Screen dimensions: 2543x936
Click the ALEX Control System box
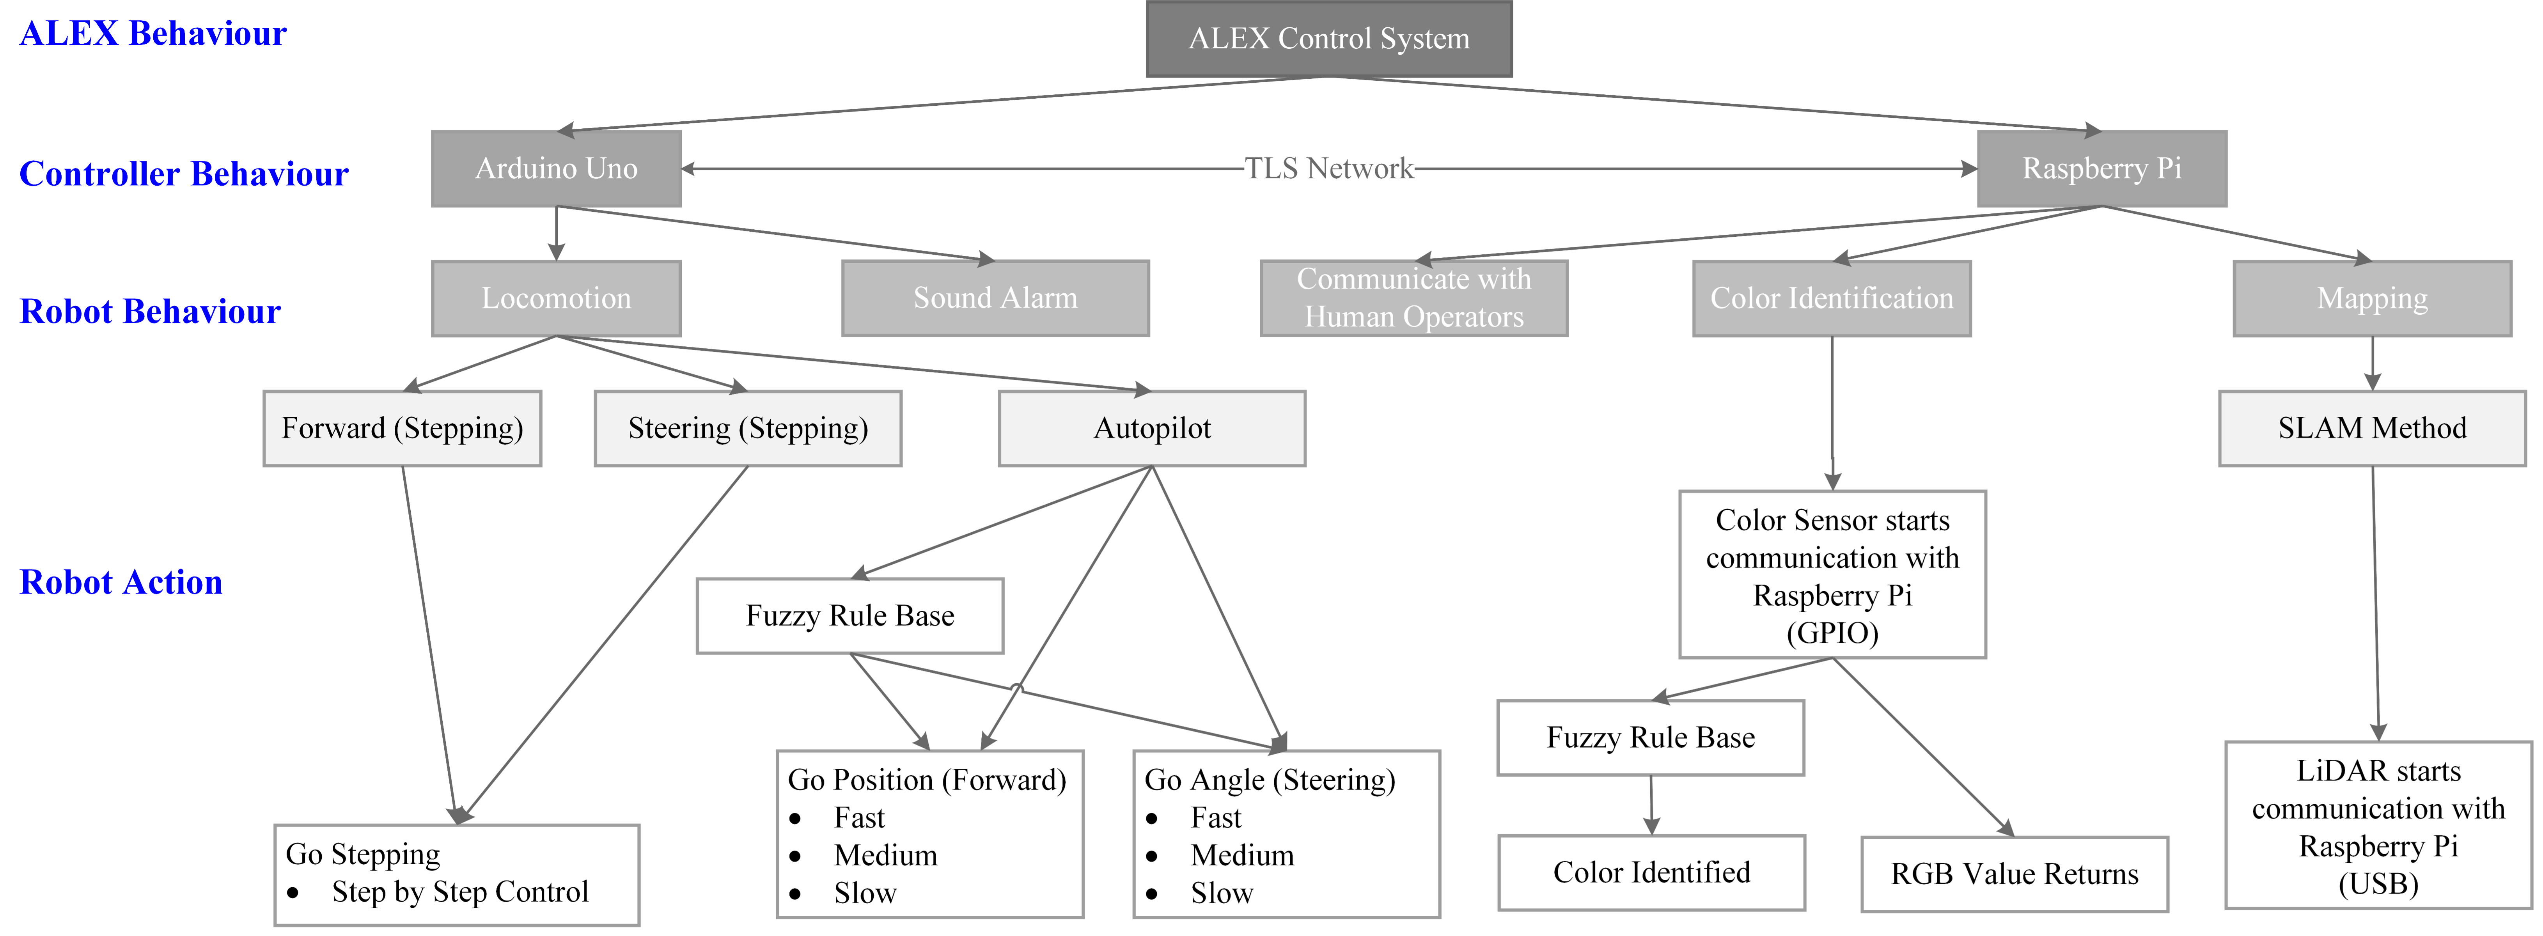click(1329, 39)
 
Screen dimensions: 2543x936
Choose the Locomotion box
click(556, 298)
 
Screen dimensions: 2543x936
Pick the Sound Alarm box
click(995, 298)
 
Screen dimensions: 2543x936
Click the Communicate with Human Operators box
click(1413, 298)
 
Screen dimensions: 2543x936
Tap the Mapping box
click(2372, 298)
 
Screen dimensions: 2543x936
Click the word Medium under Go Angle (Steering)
click(1242, 855)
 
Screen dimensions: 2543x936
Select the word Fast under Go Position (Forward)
click(859, 817)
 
